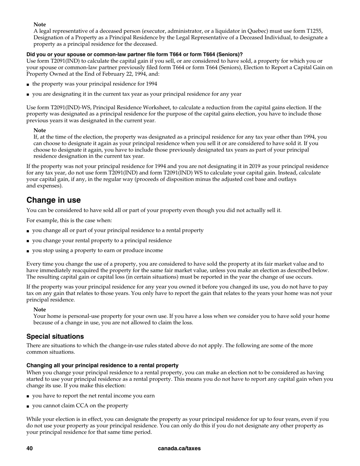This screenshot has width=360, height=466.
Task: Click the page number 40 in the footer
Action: click(30, 448)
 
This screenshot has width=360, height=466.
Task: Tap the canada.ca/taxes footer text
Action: click(179, 448)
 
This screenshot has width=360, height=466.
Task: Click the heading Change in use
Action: click(53, 200)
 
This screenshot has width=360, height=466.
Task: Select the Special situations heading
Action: click(55, 336)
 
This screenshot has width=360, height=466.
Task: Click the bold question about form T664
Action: click(135, 55)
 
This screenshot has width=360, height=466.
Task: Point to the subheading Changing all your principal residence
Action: click(102, 365)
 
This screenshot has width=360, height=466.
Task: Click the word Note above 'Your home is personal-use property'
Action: click(39, 310)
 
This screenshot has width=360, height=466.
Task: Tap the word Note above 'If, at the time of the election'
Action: click(39, 130)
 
